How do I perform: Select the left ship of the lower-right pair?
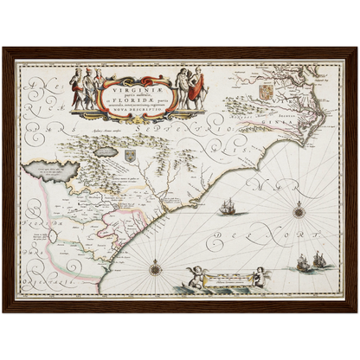[304, 262]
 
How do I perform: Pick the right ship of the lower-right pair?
[320, 258]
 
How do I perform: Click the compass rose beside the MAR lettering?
[299, 209]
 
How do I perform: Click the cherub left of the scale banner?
[197, 276]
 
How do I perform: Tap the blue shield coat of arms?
[130, 156]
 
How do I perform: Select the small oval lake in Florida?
[55, 235]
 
